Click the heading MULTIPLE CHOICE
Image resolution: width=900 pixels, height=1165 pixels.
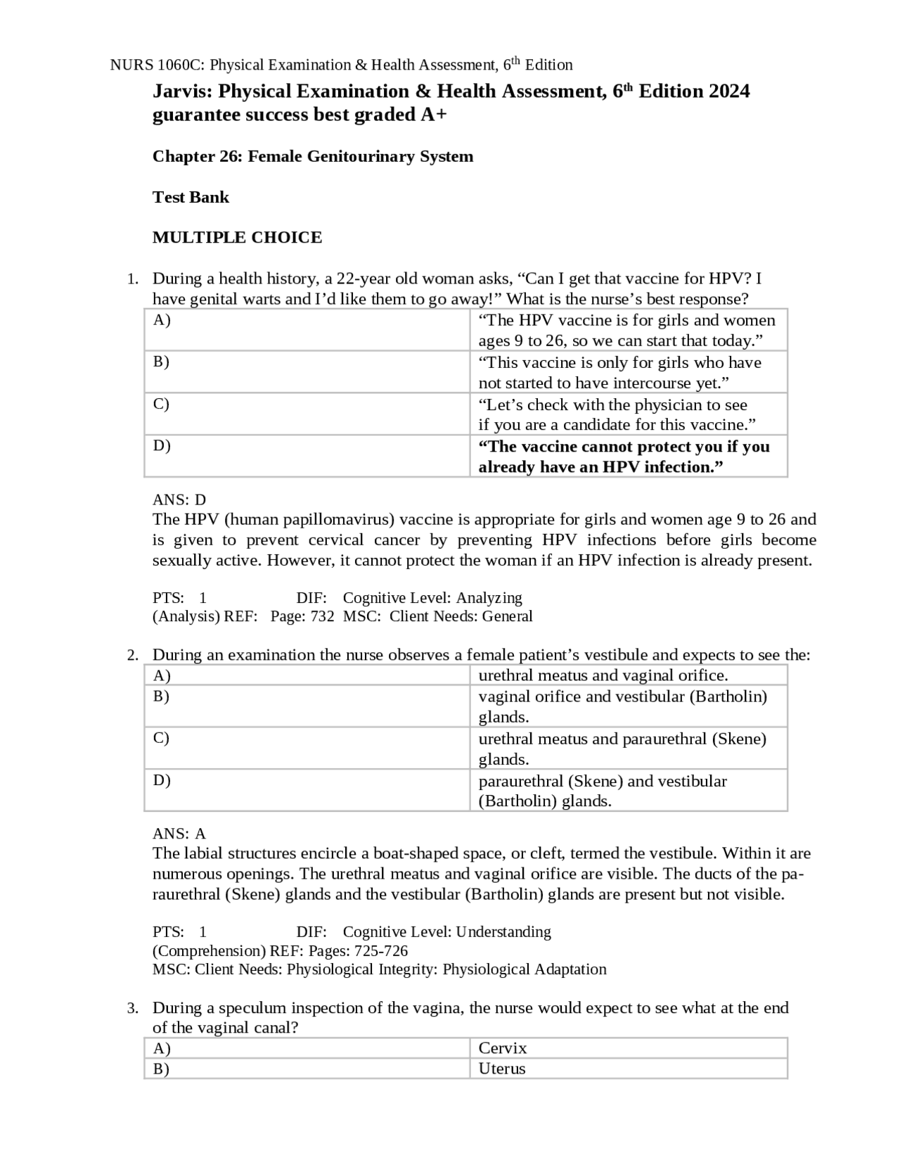tap(237, 238)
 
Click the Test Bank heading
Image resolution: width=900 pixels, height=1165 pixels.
tap(191, 197)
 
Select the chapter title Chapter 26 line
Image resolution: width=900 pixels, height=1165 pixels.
tap(312, 156)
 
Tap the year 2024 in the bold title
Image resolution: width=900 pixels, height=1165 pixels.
tap(729, 91)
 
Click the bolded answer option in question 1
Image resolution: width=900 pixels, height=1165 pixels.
tap(624, 457)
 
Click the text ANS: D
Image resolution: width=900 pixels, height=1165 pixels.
tap(179, 500)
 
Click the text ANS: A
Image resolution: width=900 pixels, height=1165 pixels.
tap(179, 834)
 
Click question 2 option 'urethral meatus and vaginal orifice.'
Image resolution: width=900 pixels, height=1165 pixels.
tap(603, 675)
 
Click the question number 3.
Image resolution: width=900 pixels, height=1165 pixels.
tap(133, 1008)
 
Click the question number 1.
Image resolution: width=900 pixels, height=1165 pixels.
tap(133, 279)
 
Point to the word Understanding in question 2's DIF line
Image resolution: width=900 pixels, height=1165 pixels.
tap(503, 932)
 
